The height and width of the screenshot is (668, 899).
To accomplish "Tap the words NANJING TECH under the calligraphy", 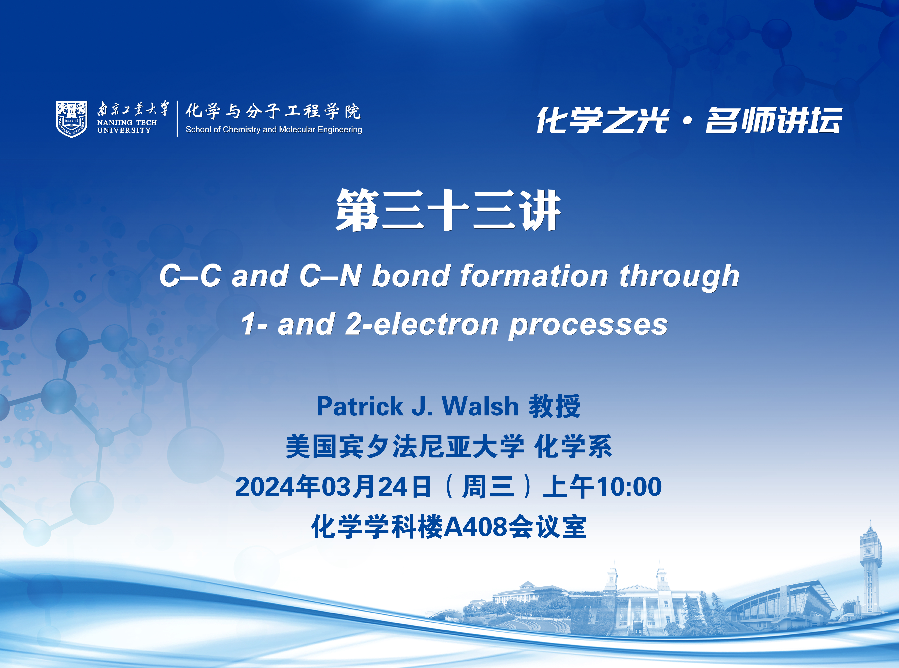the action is (127, 122).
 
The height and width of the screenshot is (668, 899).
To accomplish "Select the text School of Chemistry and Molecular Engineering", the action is (274, 129).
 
